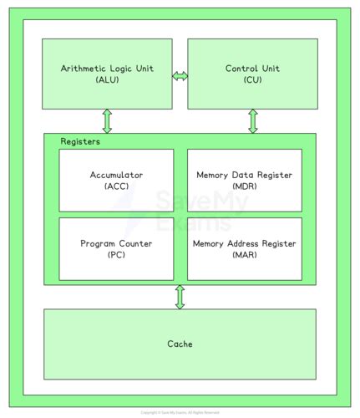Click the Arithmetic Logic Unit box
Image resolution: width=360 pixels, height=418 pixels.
107,73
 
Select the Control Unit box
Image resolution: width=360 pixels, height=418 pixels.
252,73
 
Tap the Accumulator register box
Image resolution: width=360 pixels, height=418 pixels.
116,180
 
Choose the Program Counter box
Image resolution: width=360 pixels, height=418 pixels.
116,248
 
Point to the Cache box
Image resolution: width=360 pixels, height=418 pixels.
180,344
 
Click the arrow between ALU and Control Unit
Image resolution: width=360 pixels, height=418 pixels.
180,76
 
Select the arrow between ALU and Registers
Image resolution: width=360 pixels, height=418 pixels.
107,121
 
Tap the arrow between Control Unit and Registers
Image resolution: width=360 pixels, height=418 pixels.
252,121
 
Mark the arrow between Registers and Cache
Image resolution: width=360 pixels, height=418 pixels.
180,297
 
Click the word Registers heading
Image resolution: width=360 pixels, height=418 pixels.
80,141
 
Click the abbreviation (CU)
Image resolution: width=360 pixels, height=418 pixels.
252,79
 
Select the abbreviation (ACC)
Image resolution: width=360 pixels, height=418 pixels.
116,186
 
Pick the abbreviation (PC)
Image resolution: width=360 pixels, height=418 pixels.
116,255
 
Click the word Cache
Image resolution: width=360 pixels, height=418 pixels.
180,344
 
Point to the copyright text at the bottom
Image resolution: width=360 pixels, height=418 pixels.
180,412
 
